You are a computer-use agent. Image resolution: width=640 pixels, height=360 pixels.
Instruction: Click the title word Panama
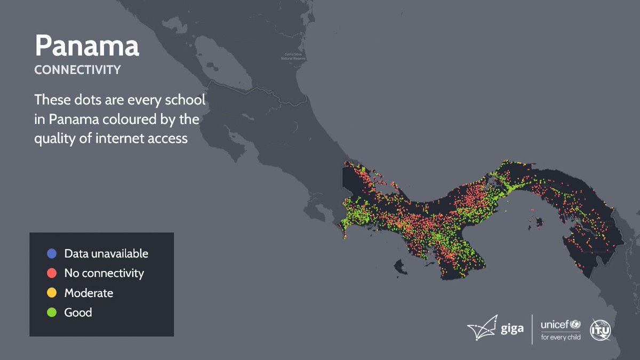pos(87,46)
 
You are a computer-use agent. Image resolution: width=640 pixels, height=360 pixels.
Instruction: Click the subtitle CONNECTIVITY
pos(77,70)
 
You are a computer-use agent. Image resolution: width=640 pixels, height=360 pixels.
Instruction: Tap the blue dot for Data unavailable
pos(52,253)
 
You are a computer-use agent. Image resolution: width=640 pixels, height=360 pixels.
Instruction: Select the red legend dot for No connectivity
pos(52,273)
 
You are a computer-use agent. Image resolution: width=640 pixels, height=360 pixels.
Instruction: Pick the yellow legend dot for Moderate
pos(52,293)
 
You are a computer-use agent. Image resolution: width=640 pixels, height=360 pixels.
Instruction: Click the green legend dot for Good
pos(52,313)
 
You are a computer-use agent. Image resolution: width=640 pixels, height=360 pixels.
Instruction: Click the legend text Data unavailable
pos(106,253)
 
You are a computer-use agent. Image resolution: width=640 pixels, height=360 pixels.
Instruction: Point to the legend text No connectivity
pos(104,273)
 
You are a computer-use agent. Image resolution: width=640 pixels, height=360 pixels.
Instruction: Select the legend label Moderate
pos(89,293)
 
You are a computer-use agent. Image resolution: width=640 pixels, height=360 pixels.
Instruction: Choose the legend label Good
pos(78,313)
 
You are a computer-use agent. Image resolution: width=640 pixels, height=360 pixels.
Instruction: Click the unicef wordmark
pos(555,324)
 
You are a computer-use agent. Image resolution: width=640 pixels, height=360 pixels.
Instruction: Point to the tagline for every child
pos(561,337)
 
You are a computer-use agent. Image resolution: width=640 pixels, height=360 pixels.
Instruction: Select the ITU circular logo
pos(600,330)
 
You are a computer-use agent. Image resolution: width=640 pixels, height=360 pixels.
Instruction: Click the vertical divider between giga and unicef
pos(532,330)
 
